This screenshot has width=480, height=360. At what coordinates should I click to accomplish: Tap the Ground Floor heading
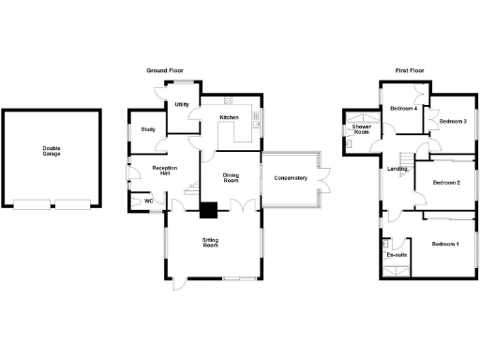[164, 71]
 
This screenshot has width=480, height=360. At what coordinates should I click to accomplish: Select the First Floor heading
[412, 71]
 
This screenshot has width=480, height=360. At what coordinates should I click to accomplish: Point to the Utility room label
[181, 104]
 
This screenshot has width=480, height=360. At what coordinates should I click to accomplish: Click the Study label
[148, 129]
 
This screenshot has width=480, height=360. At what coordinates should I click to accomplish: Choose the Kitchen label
[230, 117]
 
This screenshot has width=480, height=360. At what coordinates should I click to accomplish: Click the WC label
[148, 201]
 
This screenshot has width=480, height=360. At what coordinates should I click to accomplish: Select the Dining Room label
[232, 178]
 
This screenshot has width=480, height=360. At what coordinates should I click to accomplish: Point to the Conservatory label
[291, 178]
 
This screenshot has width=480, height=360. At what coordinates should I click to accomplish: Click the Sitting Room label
[211, 243]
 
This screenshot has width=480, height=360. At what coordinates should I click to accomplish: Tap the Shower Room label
[362, 130]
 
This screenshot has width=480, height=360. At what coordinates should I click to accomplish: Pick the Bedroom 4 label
[403, 109]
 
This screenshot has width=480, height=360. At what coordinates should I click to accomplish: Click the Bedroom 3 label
[453, 121]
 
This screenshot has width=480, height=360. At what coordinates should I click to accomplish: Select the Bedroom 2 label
[444, 182]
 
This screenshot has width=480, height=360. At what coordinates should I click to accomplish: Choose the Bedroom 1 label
[444, 244]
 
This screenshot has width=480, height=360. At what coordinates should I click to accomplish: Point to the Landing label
[397, 169]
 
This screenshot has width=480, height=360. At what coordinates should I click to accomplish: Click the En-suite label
[396, 255]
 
